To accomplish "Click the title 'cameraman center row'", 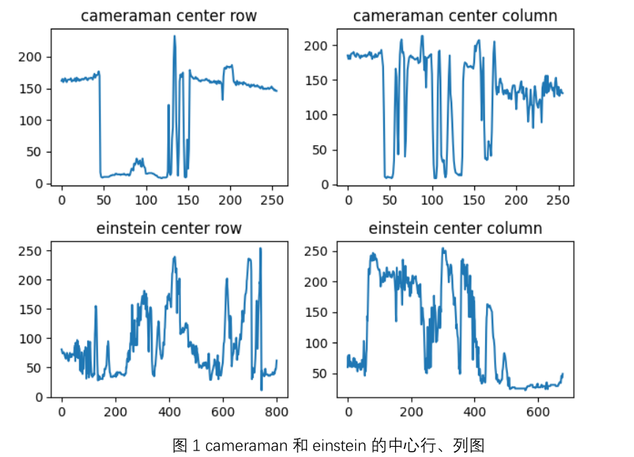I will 169,15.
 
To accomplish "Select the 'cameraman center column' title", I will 455,15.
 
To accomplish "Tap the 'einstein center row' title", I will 169,228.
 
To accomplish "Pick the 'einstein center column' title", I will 455,228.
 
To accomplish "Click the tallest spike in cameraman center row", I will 174,36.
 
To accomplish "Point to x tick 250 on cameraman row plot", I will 273,199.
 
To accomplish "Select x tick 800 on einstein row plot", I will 277,412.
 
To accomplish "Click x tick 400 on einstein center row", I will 169,412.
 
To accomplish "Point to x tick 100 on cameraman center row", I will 146,199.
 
